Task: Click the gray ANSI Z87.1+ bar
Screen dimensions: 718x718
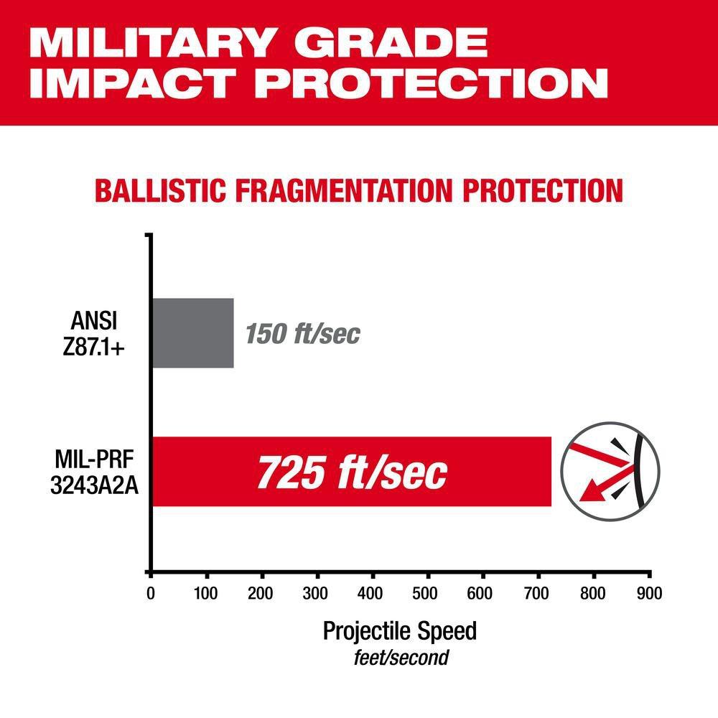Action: click(x=193, y=332)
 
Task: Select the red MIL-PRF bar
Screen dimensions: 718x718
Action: click(x=352, y=471)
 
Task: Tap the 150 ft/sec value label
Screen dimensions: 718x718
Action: click(x=302, y=334)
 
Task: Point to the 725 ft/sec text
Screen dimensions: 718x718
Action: click(x=352, y=472)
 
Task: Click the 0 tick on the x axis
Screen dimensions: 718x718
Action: click(x=150, y=594)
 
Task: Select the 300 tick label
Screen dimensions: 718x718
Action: click(x=317, y=594)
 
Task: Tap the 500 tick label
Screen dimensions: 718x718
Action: click(x=428, y=594)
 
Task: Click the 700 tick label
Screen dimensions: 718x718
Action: click(x=538, y=594)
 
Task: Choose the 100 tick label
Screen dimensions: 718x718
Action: click(x=206, y=594)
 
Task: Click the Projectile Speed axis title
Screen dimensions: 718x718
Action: click(x=400, y=631)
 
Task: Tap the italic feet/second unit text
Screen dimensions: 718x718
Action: click(x=400, y=657)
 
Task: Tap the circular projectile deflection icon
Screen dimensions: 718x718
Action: click(x=609, y=471)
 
